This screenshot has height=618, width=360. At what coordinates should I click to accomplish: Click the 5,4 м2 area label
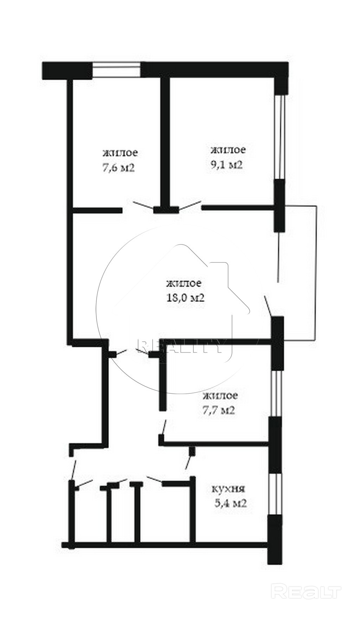230,503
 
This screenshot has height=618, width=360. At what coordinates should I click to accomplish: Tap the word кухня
228,489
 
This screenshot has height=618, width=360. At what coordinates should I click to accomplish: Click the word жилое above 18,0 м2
184,283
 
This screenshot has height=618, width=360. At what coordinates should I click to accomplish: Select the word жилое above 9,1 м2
228,150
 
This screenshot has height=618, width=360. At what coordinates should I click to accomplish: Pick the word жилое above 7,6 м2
120,153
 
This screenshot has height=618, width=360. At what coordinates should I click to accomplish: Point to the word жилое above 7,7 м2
220,395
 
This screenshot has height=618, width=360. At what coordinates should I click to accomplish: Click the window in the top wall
116,70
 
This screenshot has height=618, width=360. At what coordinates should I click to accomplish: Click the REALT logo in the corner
307,591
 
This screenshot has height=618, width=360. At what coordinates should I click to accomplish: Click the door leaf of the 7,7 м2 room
163,427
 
